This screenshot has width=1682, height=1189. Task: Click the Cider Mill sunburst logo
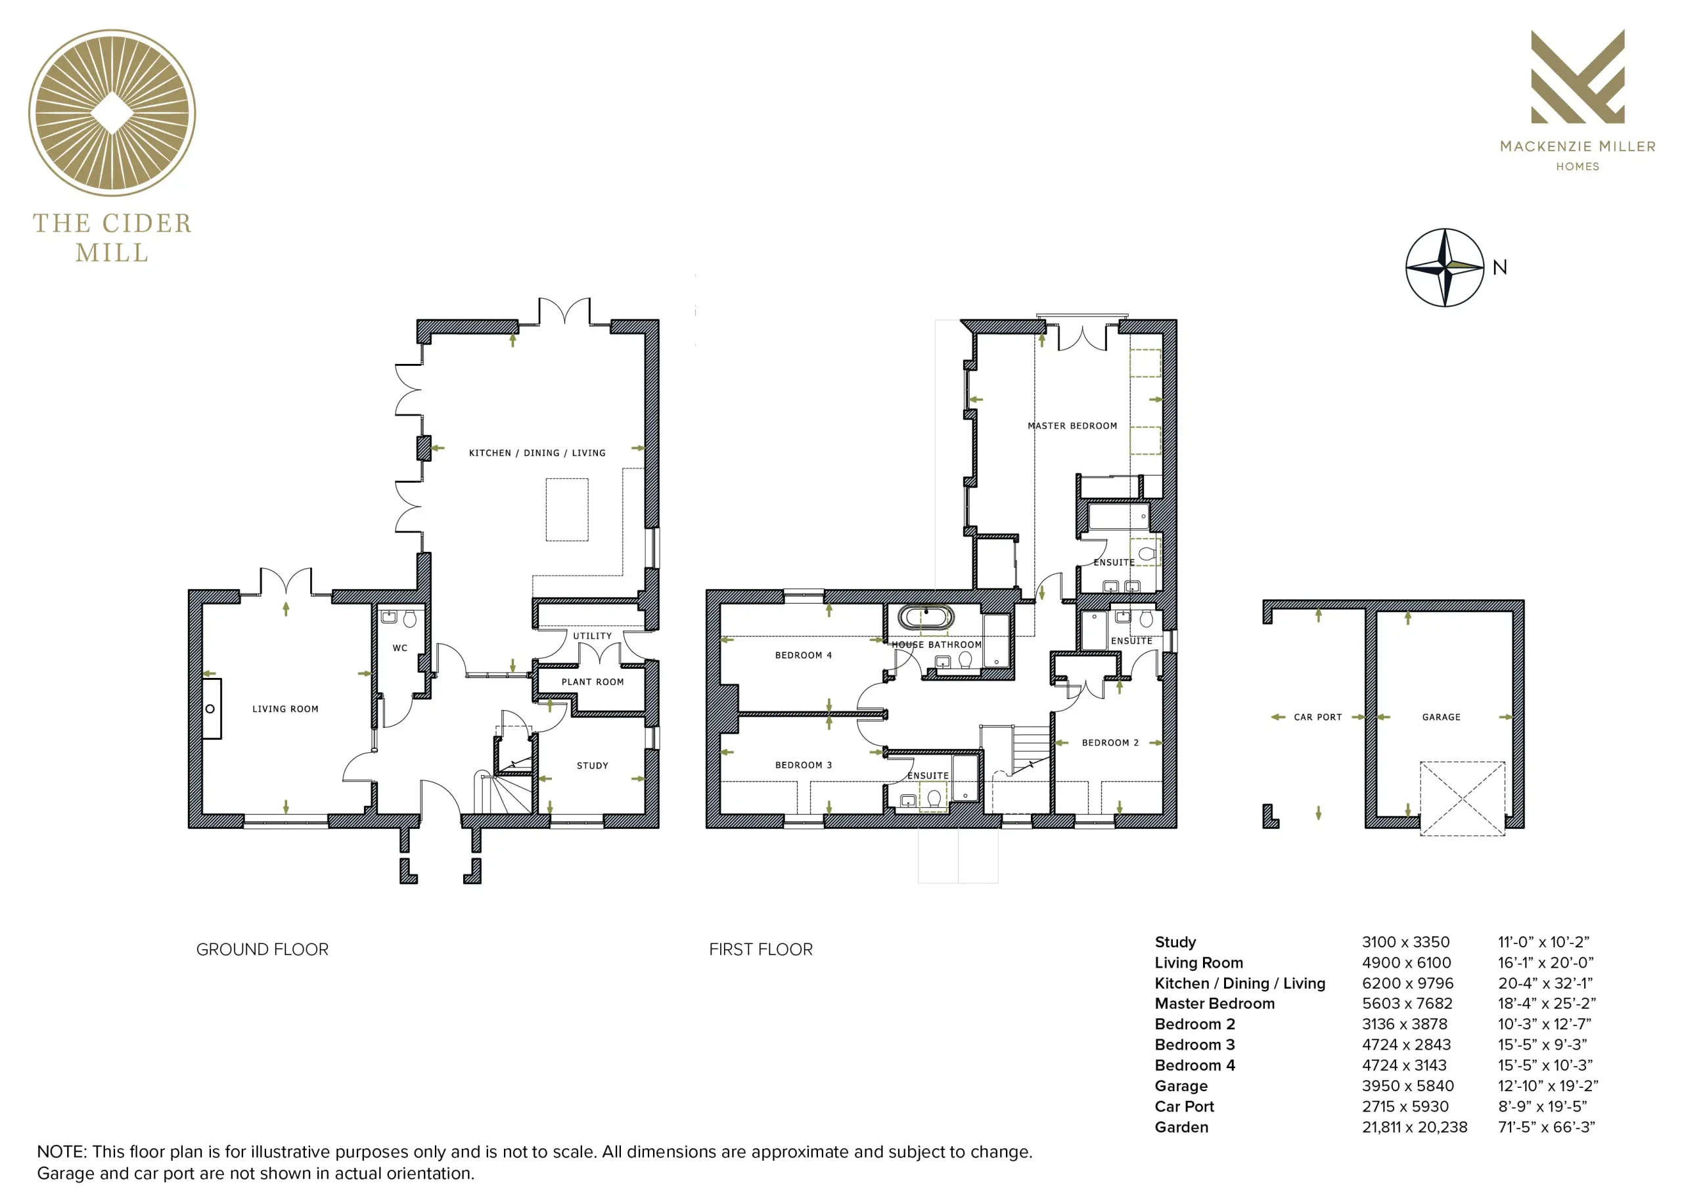coord(112,113)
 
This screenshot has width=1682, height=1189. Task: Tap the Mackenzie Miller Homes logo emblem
coord(1578,76)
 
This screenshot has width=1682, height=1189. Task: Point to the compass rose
coord(1445,267)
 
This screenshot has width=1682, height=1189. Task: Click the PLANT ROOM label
coord(593,682)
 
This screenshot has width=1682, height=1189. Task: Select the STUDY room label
coord(593,765)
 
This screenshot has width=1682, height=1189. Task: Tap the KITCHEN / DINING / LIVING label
coord(537,453)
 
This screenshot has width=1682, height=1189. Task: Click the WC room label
coord(400,648)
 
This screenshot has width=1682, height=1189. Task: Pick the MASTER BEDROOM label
coord(1072,426)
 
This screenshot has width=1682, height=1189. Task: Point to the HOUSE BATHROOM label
coord(936,644)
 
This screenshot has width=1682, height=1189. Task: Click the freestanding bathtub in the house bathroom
coord(926,617)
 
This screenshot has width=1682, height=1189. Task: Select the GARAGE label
coord(1441,717)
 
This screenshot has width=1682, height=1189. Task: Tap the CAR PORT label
coord(1318,717)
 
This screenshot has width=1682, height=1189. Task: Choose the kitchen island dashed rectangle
coord(567,510)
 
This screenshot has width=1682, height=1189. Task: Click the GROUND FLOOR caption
coord(262,949)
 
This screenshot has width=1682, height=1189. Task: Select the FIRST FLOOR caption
coord(761,949)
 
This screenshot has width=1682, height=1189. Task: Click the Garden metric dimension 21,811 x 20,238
coord(1415,1127)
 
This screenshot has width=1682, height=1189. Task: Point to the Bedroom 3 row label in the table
coord(1195,1044)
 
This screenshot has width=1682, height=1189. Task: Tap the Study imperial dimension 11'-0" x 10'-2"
coord(1543,942)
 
